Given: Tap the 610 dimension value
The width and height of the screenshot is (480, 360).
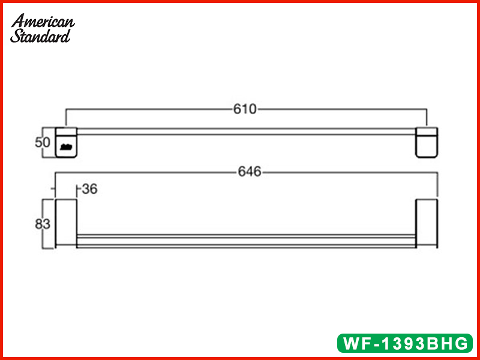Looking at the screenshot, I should [x=245, y=109].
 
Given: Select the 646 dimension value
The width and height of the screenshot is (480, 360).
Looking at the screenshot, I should [x=250, y=172].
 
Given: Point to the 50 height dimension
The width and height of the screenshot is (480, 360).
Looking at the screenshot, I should [x=42, y=143].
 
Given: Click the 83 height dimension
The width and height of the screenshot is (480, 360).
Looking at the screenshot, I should [x=42, y=224].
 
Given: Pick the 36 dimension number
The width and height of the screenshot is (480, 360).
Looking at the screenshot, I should [x=89, y=189].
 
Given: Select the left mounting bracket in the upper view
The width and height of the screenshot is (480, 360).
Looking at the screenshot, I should [x=67, y=142].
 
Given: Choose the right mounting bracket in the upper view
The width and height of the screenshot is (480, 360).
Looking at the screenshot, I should [x=427, y=142].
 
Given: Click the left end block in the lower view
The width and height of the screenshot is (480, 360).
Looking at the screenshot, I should [x=65, y=223].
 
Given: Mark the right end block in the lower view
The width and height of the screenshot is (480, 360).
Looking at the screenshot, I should [x=427, y=223].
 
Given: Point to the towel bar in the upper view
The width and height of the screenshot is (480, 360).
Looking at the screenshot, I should [x=246, y=131].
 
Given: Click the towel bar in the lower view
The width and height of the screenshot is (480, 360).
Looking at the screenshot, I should [x=246, y=241].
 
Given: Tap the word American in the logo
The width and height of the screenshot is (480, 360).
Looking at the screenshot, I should [x=43, y=21].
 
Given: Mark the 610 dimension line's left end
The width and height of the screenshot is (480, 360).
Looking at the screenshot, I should [x=65, y=117].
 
